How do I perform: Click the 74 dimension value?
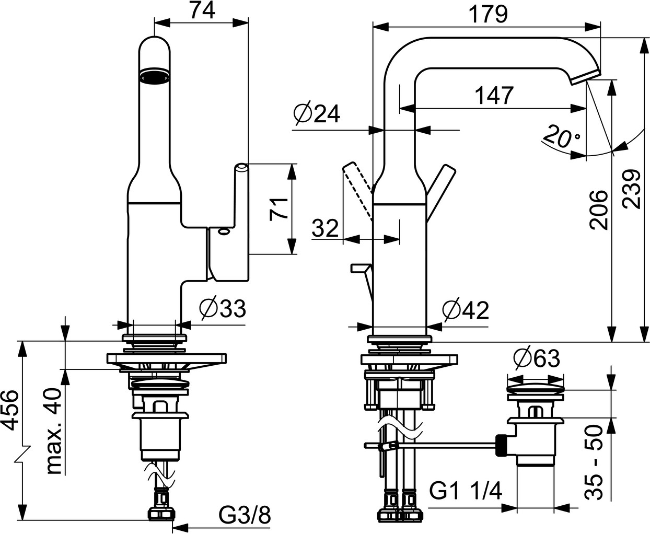pos(201,10)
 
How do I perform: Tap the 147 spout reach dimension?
pos(493,96)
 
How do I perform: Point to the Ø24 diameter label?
pos(317,113)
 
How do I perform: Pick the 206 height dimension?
pos(599,210)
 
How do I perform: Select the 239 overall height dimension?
pos(633,189)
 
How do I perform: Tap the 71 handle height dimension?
pos(278,208)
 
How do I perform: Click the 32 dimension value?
pos(325,228)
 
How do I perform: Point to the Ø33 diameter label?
pos(222,309)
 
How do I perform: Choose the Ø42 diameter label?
pos(465,310)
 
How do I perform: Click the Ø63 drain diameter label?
pos(536,359)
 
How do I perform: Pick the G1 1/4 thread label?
pos(466,491)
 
